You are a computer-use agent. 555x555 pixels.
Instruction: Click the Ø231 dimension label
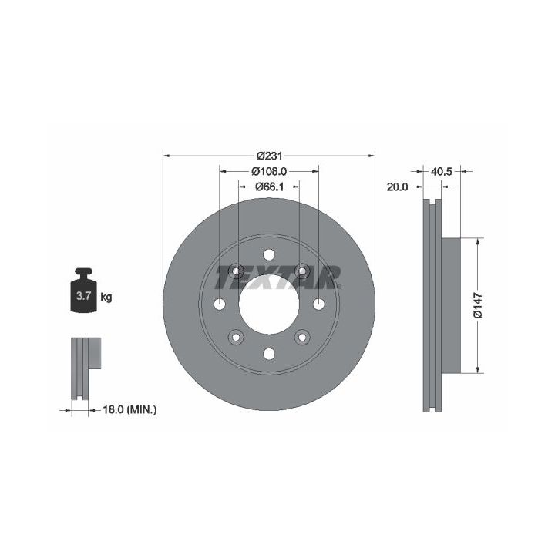269,156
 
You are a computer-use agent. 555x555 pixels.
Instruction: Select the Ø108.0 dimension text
269,171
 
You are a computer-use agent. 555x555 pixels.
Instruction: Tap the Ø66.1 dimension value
269,187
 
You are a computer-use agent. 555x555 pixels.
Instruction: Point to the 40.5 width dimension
442,172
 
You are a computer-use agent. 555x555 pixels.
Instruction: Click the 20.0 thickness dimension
397,187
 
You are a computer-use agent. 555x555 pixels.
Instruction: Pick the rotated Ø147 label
478,305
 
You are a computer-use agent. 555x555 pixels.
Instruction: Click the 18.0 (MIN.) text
129,410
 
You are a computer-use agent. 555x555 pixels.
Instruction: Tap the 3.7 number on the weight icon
84,295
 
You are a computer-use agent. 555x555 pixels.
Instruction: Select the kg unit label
106,297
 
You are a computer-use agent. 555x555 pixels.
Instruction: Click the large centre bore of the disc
269,304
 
